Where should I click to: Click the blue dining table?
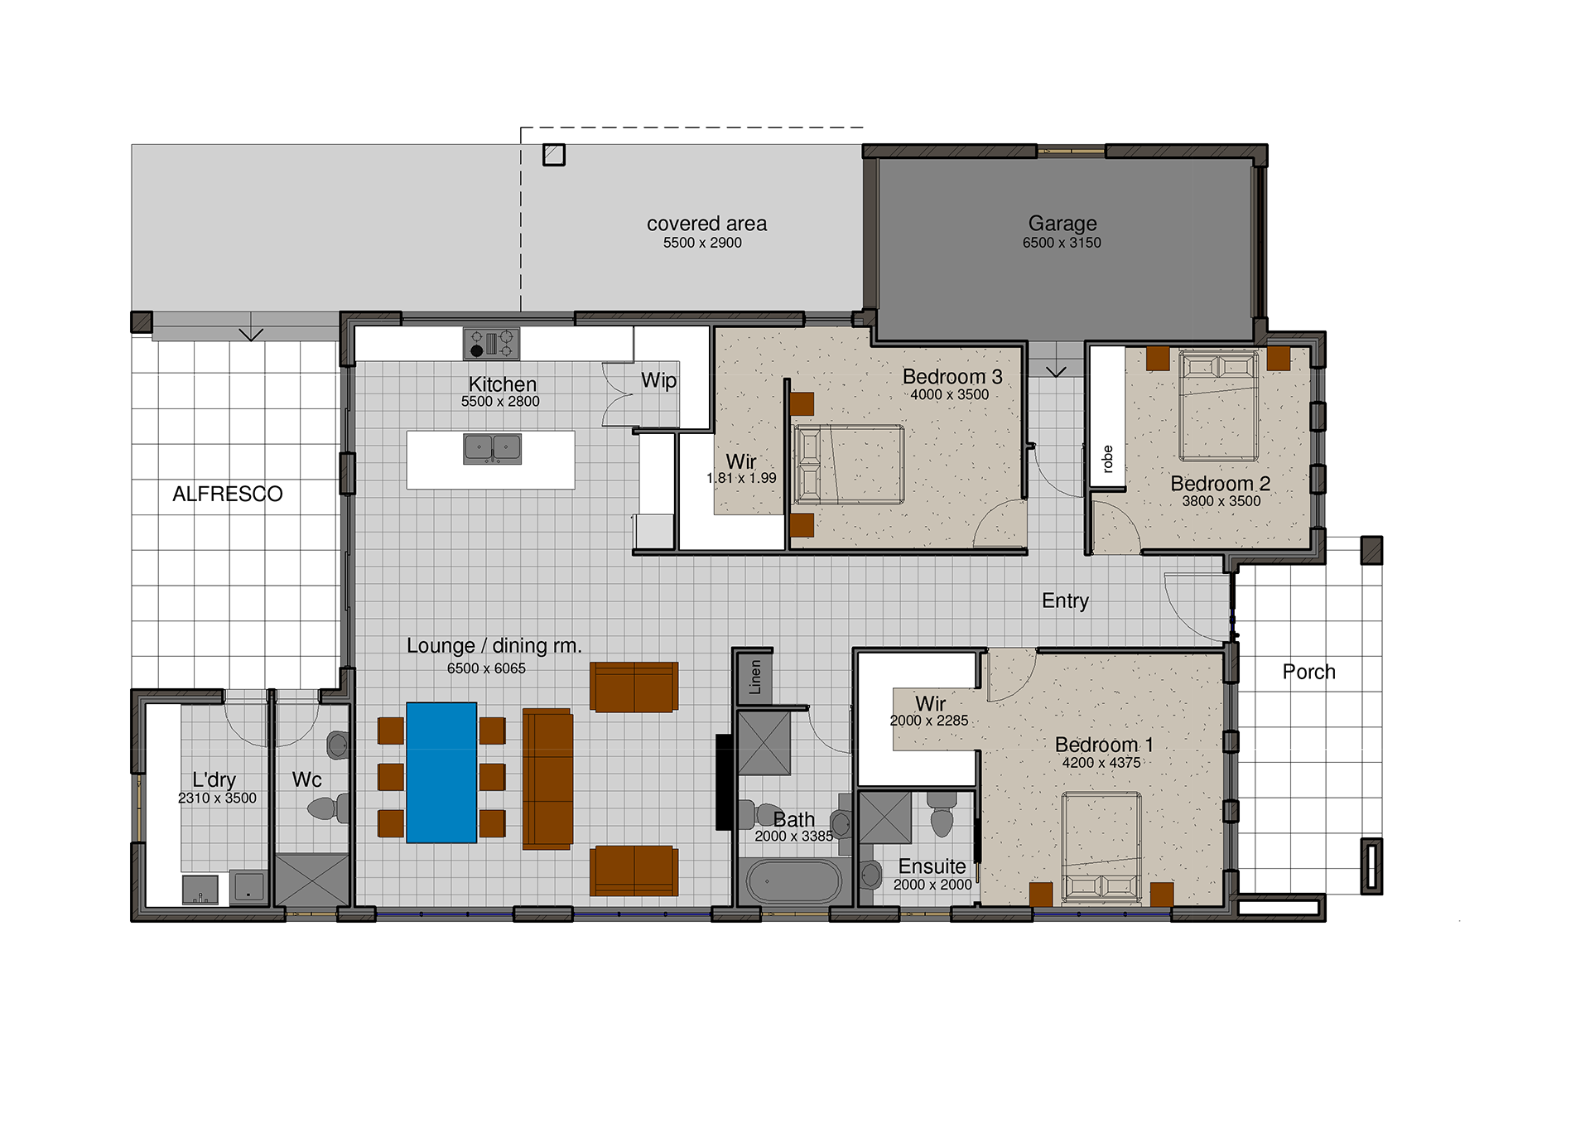[x=441, y=773]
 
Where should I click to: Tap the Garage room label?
[x=1062, y=224]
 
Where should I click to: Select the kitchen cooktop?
[x=491, y=343]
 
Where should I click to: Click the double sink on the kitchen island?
[x=493, y=449]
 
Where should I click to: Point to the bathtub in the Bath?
[x=794, y=881]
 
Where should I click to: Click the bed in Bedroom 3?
[x=849, y=465]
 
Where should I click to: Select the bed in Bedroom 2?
[x=1219, y=405]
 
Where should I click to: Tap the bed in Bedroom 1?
[x=1102, y=847]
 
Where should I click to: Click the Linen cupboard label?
[x=755, y=677]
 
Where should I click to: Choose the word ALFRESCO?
[x=228, y=494]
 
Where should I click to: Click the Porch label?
[x=1309, y=672]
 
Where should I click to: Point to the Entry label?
[x=1065, y=601]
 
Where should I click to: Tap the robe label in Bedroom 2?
[x=1108, y=459]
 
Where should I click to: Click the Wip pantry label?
[x=659, y=381]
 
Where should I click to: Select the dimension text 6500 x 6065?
[x=486, y=668]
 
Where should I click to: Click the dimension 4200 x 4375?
[x=1101, y=763]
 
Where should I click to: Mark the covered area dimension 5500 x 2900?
[x=702, y=243]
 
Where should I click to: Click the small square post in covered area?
[x=554, y=155]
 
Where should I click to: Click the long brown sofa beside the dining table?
[x=547, y=779]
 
